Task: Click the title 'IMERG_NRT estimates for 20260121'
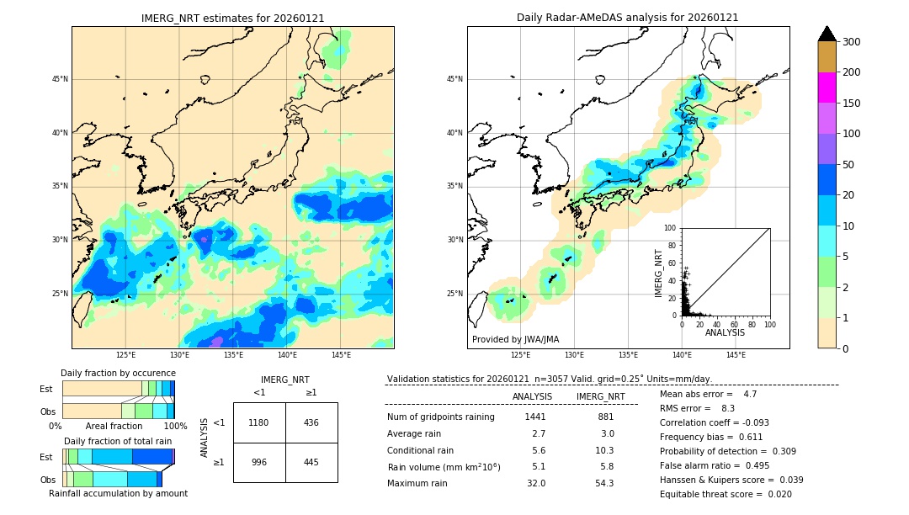[232, 18]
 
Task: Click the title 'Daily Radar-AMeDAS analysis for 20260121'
[628, 18]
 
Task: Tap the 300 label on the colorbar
[852, 42]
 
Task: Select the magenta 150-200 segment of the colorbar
[827, 88]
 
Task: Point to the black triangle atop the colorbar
[827, 34]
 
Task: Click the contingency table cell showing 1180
[259, 422]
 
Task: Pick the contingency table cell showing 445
[311, 462]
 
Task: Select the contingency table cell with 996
[259, 462]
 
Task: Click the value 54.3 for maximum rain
[604, 483]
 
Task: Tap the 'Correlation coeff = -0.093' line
[715, 422]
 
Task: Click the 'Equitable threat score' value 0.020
[781, 494]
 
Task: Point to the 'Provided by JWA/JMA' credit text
[515, 339]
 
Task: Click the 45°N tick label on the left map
[60, 79]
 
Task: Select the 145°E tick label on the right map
[736, 355]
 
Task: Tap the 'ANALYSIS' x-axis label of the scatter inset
[725, 332]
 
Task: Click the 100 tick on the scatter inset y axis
[671, 228]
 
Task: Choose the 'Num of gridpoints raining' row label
[441, 417]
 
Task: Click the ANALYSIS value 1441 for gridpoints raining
[535, 417]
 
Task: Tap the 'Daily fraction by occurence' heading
[118, 373]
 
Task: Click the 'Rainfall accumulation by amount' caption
[118, 493]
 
